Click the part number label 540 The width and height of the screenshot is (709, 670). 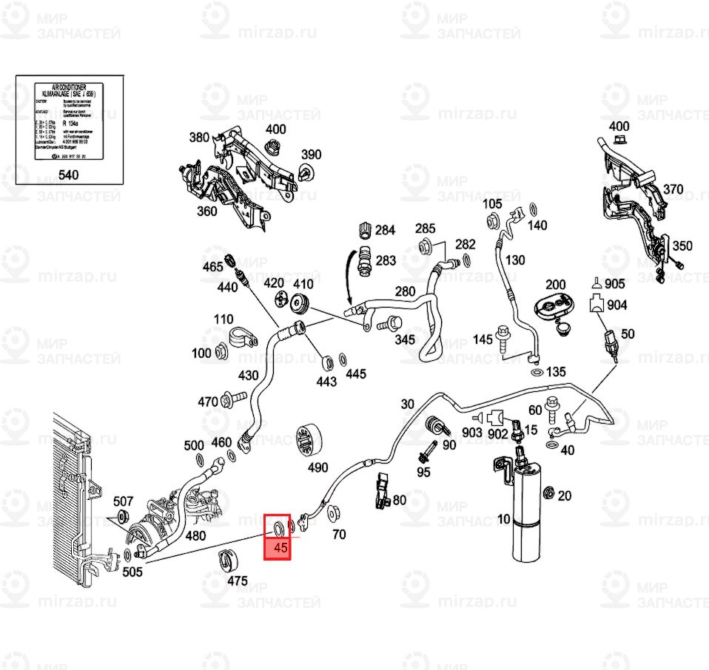(67, 176)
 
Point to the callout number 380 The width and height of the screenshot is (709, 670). (200, 138)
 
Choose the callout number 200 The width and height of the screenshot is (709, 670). (555, 285)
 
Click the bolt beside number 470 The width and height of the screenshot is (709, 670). (232, 400)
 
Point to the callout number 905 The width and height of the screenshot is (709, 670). (615, 284)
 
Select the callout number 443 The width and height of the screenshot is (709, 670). (326, 382)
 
